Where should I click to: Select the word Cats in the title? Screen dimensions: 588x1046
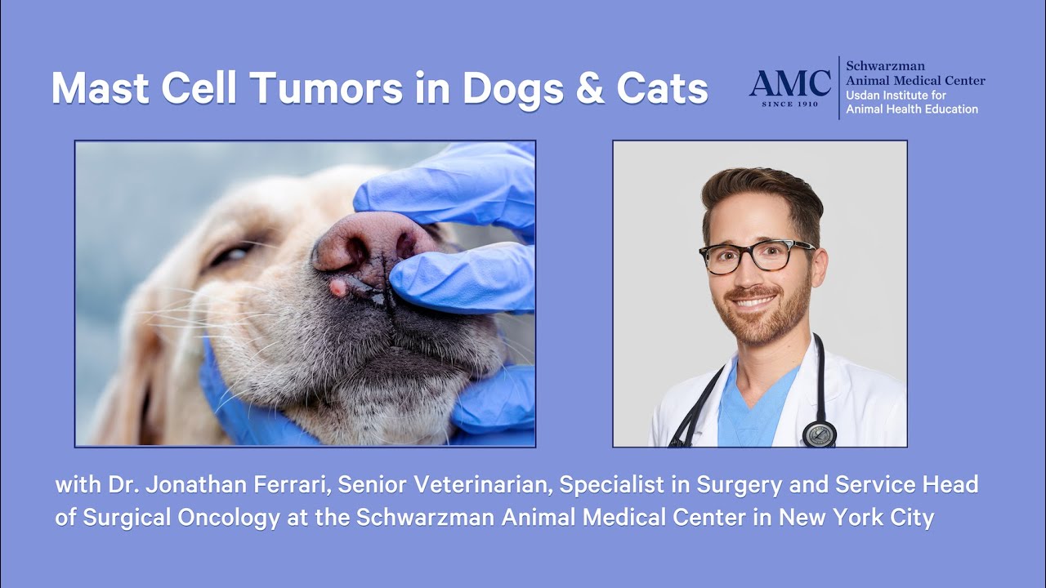(x=662, y=89)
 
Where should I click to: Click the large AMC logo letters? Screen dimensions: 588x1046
(x=789, y=82)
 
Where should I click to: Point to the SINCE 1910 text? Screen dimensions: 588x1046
(x=789, y=105)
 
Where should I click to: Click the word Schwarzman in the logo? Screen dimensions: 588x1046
(x=885, y=65)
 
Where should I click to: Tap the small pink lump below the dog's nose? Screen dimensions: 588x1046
(x=336, y=287)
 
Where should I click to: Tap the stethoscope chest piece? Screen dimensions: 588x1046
(x=819, y=434)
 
